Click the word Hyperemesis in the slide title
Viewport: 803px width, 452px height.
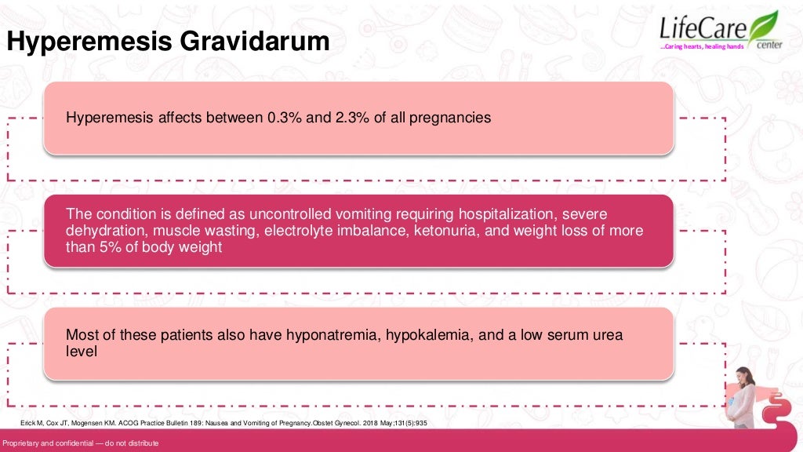tap(74, 42)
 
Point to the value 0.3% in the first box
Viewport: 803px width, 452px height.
tap(282, 118)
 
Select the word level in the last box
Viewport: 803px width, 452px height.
tap(82, 352)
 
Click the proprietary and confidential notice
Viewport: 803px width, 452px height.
tap(81, 444)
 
